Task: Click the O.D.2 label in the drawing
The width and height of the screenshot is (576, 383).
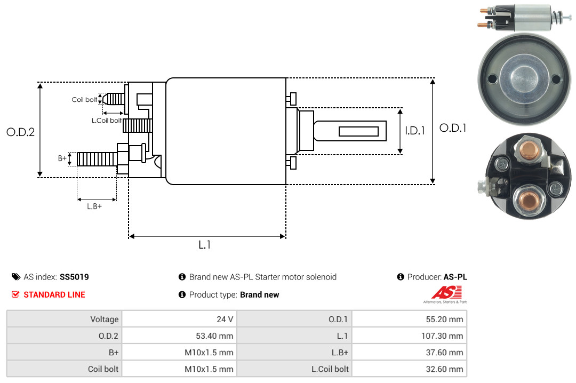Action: coord(21,132)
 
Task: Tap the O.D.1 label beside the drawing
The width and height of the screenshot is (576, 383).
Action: coord(453,128)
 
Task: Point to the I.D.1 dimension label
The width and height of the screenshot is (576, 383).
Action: coord(415,131)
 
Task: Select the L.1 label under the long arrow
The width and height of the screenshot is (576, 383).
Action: coord(205,245)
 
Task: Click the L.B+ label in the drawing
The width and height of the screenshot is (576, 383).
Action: coord(94,206)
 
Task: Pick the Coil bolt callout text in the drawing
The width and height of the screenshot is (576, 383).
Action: coord(84,100)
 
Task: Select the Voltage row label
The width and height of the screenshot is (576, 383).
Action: coord(105,320)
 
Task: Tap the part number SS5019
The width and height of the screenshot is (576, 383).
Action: coord(74,277)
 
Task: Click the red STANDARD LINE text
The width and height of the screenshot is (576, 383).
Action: coord(54,295)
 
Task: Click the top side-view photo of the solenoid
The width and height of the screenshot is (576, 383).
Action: coord(525,17)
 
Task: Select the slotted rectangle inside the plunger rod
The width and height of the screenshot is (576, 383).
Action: coord(358,132)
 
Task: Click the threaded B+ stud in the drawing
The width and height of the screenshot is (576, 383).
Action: coord(97,159)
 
